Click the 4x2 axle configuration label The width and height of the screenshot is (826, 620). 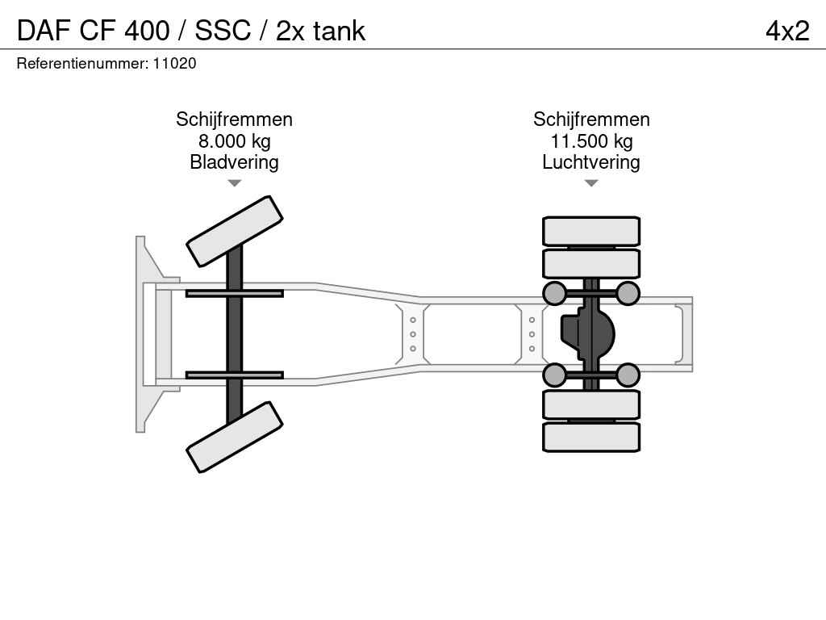786,31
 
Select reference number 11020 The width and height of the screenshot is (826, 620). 175,63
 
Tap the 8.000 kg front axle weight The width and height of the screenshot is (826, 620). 234,141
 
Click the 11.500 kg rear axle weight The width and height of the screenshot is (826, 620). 591,141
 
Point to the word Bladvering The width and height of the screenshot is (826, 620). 234,162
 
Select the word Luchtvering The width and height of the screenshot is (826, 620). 591,162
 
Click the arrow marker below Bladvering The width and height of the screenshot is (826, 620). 234,183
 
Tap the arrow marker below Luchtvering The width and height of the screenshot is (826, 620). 591,183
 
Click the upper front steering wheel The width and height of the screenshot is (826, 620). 235,231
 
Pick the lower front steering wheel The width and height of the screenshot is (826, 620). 235,437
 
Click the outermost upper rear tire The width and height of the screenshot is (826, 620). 591,231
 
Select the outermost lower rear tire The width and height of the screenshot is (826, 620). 591,437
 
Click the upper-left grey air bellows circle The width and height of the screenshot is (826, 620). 555,293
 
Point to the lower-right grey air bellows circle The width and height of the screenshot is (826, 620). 628,375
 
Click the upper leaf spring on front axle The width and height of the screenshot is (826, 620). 234,293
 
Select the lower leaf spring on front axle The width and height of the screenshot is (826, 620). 234,375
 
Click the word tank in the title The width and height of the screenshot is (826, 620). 339,31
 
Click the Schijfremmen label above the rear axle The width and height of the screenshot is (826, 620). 591,119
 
